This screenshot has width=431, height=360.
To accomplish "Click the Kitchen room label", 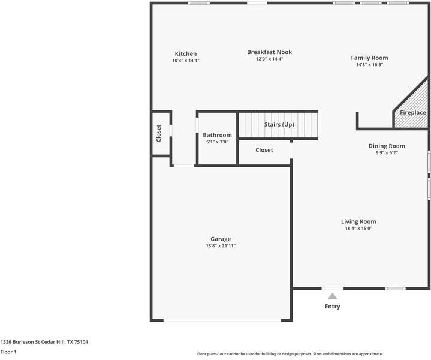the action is pos(186,53).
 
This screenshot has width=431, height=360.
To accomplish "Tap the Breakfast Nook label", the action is pos(269,52).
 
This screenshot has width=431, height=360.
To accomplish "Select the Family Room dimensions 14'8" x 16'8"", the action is pos(369,65).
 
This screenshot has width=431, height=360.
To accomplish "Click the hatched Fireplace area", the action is pos(411,110).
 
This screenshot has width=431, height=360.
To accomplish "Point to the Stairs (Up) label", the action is pos(279,124).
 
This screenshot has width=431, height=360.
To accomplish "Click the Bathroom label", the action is pos(217,135).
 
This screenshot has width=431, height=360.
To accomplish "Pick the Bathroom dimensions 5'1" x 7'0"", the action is pos(217,142).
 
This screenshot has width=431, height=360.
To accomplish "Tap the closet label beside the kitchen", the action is pos(159,133).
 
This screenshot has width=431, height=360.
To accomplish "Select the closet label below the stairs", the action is pos(264,150).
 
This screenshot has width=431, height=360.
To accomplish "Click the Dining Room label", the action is pos(387,146).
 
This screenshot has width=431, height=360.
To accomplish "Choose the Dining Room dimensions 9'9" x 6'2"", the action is pos(387,153).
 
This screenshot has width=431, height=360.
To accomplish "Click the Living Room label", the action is pos(358,221).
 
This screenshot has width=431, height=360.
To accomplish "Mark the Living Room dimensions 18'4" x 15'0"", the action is pos(358,229).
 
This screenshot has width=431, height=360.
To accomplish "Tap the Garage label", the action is pos(221,239).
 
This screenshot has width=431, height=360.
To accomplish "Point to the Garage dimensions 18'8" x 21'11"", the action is pos(221,246).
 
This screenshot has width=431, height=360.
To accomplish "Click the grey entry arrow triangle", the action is pos(332,296).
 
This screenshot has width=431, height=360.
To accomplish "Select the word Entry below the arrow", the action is pos(332,307).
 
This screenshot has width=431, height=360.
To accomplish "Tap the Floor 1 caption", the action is pos(8,352).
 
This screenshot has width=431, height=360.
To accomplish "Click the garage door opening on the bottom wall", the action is pos(222,320).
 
